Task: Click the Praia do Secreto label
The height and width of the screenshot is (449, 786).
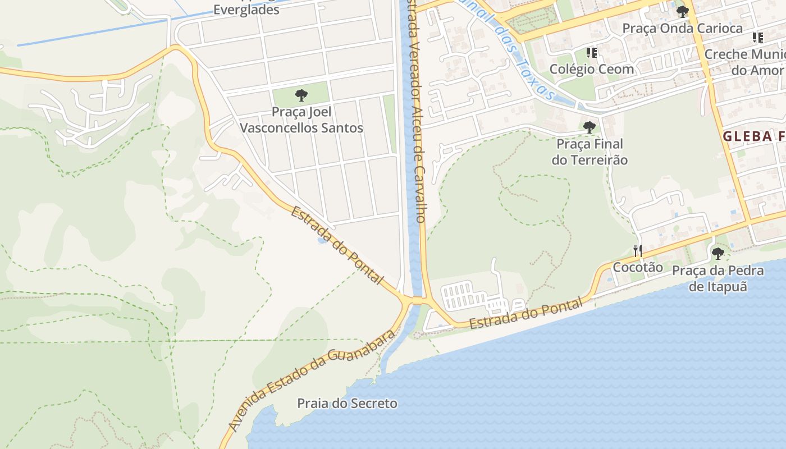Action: click(x=347, y=404)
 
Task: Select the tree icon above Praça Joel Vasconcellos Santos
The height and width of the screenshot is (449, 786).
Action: click(x=301, y=95)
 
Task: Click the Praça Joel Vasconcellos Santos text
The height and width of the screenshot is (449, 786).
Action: click(x=301, y=120)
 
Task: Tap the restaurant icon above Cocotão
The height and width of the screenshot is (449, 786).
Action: click(x=637, y=250)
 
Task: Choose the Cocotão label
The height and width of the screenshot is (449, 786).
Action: click(x=637, y=267)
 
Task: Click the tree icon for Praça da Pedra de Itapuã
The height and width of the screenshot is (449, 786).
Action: click(x=718, y=254)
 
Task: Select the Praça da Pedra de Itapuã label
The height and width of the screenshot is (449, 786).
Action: click(x=718, y=278)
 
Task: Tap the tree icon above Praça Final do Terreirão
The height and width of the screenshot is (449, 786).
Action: click(x=589, y=127)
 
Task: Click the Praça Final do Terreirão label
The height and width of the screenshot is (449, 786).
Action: click(x=589, y=152)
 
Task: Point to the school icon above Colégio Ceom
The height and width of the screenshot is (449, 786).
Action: click(x=591, y=53)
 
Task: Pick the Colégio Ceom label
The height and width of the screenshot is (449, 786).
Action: click(x=592, y=69)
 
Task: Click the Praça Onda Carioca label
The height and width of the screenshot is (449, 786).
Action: click(x=682, y=28)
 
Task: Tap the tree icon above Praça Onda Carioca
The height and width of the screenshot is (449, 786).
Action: click(x=682, y=11)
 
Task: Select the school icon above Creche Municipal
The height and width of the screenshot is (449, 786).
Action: click(x=757, y=38)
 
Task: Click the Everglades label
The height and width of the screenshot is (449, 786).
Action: click(x=246, y=10)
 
